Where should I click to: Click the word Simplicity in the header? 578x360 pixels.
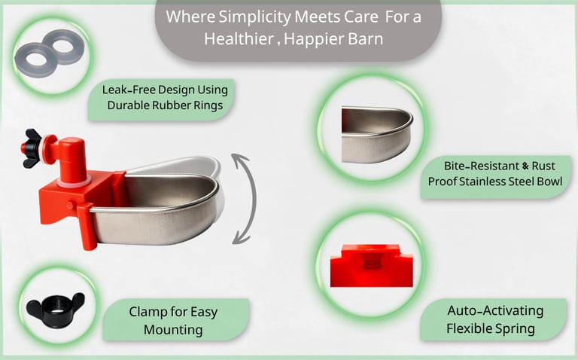point(254,17)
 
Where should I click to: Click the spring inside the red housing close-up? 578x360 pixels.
point(372,262)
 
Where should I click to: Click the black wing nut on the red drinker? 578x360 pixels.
point(32,148)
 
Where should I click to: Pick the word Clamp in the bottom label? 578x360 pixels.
point(148,313)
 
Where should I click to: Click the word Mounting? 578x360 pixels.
point(173,329)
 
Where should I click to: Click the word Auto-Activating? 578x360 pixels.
point(495,310)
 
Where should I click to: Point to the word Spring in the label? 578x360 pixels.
point(516,328)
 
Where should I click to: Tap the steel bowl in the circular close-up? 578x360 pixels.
point(377,135)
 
